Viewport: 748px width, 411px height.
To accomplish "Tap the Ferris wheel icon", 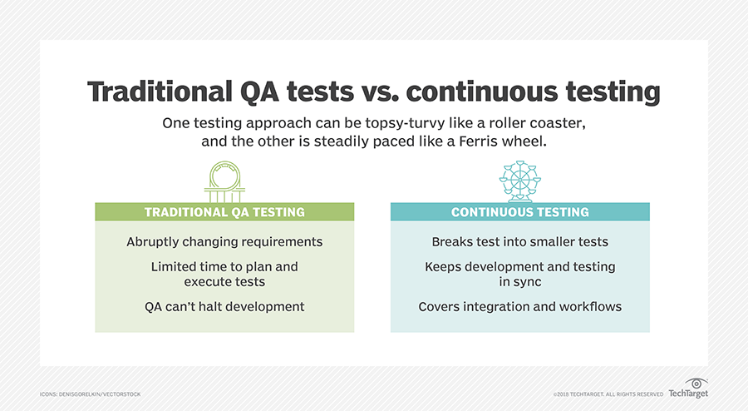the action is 520,181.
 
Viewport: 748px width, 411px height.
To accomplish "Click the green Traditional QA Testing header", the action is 224,212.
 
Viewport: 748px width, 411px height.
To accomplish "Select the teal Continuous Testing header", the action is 520,212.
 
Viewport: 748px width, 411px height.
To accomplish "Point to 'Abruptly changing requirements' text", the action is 224,242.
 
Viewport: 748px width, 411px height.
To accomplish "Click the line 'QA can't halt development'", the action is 224,306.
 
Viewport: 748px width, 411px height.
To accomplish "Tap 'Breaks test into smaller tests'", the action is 520,242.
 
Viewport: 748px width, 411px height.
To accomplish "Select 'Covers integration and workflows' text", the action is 520,306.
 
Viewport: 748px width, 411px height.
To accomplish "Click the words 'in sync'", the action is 520,282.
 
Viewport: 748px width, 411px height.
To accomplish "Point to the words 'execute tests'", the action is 224,282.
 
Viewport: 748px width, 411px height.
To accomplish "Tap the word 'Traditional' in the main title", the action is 160,92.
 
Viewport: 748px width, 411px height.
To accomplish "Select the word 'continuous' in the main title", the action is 482,92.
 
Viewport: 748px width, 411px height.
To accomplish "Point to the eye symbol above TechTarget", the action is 696,383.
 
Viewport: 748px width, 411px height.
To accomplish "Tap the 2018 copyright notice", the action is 608,394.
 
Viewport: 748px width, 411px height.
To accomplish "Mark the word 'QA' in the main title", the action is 259,92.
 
